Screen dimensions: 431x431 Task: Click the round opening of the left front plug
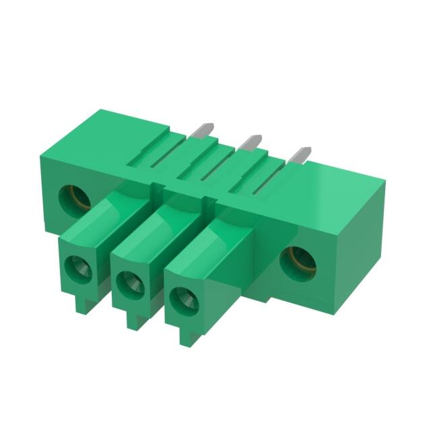tap(78, 269)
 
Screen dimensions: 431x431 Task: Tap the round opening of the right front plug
tap(181, 298)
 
